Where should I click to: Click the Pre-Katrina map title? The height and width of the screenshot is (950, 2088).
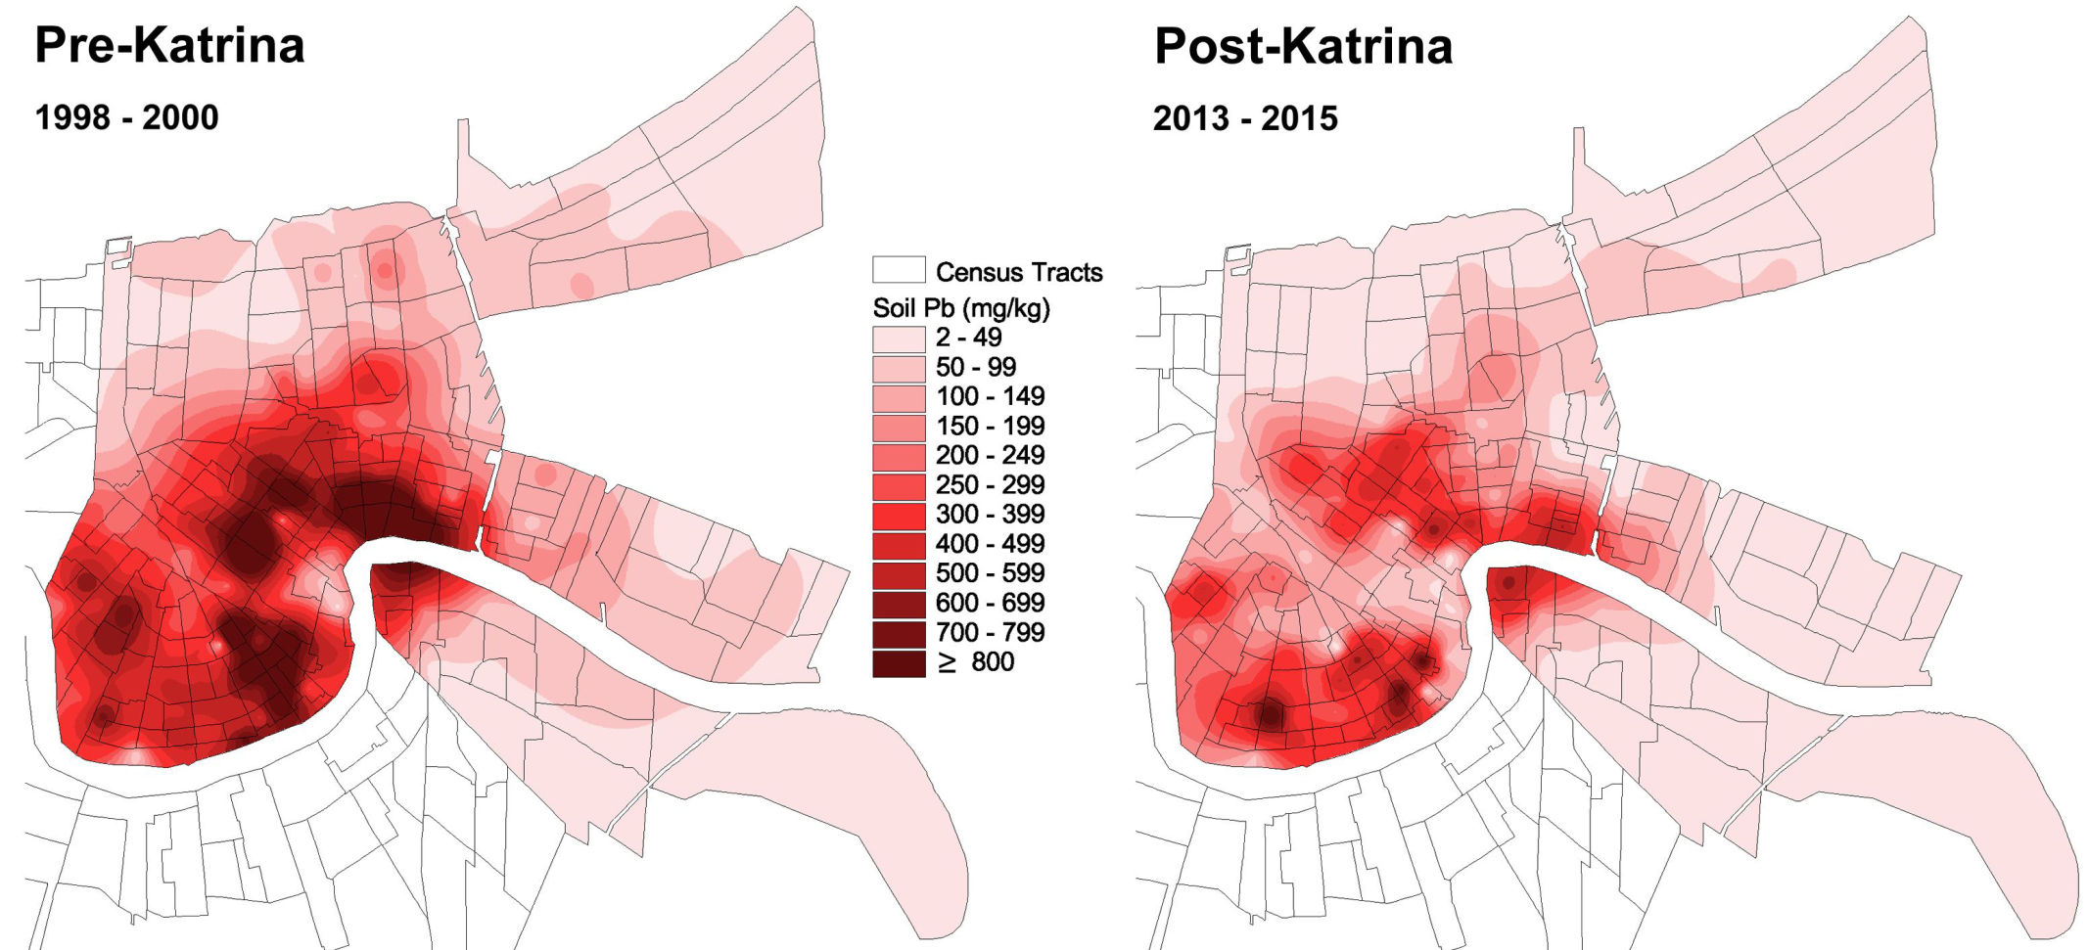pos(169,46)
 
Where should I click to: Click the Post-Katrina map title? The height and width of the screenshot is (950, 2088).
pos(1303,46)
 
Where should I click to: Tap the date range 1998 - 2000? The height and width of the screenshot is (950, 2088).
pos(126,117)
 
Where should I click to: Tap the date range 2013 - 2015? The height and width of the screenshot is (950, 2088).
pos(1245,118)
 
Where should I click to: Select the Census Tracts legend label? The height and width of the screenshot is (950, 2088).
pos(1018,272)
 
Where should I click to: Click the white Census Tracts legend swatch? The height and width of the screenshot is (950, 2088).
pos(898,270)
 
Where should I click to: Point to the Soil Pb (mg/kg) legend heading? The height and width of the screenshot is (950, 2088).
pos(960,308)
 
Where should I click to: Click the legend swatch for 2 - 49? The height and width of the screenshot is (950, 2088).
pos(898,339)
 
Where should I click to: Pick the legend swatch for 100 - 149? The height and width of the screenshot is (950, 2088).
pos(898,397)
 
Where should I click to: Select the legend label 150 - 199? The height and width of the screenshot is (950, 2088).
pos(990,426)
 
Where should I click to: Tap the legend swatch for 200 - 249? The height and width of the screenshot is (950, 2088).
pos(898,456)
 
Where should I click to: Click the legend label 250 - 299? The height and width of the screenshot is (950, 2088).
pos(990,484)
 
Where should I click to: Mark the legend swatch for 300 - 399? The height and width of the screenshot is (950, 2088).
pos(898,515)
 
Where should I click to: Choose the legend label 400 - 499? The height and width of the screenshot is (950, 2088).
pos(990,543)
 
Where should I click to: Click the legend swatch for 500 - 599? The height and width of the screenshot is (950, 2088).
pos(898,574)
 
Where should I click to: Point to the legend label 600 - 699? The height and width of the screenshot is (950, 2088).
pos(990,603)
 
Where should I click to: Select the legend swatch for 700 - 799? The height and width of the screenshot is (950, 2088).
pos(898,633)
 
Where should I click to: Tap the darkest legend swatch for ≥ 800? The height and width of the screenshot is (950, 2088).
pos(898,662)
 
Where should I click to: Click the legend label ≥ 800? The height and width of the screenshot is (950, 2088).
pos(976,662)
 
